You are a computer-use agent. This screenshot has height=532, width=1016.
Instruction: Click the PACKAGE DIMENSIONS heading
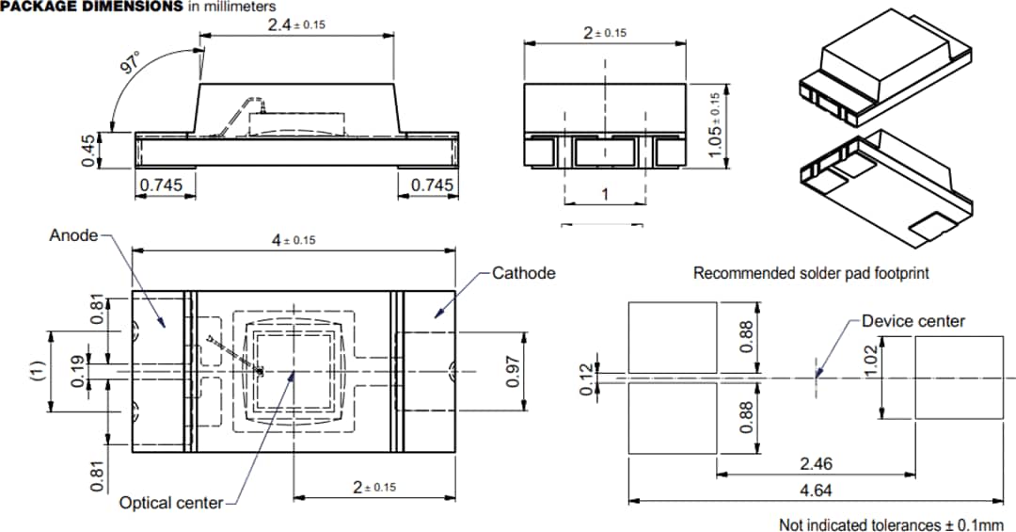(x=92, y=7)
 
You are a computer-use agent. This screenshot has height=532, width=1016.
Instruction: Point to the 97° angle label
(x=128, y=63)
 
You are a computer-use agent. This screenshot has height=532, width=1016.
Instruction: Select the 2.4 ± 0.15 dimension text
(x=295, y=24)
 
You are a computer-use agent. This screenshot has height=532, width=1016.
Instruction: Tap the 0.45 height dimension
(x=88, y=151)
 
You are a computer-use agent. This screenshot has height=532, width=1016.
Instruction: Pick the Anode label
(x=73, y=235)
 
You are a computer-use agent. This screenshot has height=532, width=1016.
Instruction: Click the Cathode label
(x=524, y=273)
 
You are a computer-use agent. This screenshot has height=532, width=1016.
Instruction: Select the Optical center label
(x=171, y=503)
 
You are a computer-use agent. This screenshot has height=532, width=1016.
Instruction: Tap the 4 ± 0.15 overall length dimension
(x=294, y=240)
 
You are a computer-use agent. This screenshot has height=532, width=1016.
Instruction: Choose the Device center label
(x=913, y=321)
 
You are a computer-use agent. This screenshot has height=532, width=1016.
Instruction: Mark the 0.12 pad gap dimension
(x=589, y=379)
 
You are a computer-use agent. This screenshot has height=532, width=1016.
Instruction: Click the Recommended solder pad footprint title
(x=811, y=273)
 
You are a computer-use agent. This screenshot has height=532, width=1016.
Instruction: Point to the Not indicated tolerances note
(x=891, y=524)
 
